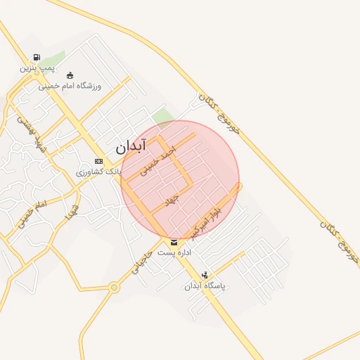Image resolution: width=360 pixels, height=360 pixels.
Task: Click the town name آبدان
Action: pos(130,147)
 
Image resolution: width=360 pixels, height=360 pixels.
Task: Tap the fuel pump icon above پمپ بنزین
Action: pos(36,58)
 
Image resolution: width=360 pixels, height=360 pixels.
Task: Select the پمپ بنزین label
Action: pos(37,68)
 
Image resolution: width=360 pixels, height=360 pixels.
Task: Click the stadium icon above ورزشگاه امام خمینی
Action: pos(69,75)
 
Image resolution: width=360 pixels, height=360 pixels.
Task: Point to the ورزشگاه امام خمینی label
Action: pos(70,86)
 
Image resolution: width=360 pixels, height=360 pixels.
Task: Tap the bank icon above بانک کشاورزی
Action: pos(98,162)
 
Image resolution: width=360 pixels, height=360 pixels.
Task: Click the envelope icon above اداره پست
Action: pos(174,243)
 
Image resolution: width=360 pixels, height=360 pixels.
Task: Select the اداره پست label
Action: pos(174,252)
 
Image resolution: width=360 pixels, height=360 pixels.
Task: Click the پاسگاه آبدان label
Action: pos(204,286)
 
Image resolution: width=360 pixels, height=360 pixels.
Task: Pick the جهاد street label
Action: pos(172,201)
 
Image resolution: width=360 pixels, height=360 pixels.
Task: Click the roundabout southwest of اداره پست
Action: pos(114,287)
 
